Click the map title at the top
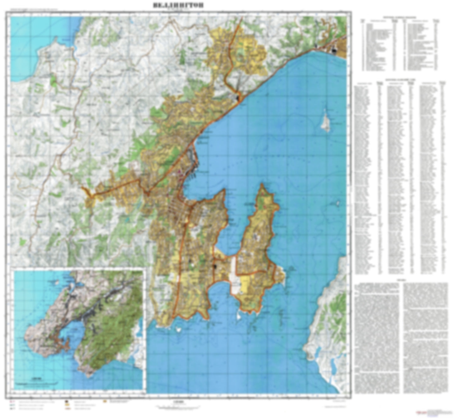click(x=178, y=5)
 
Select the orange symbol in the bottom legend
click(x=105, y=401)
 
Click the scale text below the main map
click(x=178, y=401)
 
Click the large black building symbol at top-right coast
click(x=334, y=50)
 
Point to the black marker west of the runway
click(x=215, y=267)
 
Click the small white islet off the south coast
click(x=178, y=330)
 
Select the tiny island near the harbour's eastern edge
click(x=338, y=203)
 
